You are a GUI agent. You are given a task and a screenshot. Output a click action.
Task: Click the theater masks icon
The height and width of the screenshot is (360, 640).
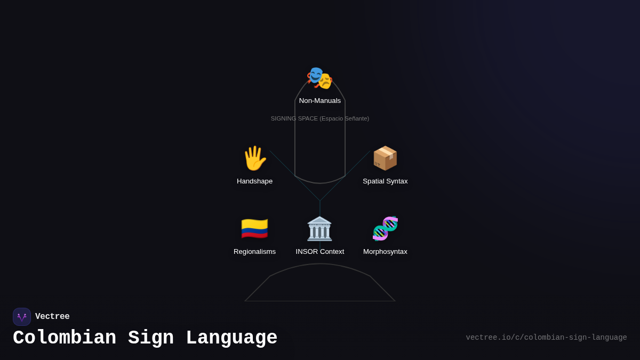click(319, 78)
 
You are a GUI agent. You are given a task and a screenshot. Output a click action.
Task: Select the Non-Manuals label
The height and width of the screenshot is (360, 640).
click(320, 101)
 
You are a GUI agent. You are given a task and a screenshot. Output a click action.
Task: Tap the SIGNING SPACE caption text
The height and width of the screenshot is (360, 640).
click(319, 118)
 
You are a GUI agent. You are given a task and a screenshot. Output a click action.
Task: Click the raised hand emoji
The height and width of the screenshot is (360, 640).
click(254, 158)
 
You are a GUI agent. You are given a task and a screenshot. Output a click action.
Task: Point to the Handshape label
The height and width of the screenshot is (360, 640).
click(254, 181)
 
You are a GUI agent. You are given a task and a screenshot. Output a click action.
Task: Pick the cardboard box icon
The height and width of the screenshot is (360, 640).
click(385, 158)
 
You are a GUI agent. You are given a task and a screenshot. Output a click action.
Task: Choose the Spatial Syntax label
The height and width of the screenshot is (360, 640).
click(385, 181)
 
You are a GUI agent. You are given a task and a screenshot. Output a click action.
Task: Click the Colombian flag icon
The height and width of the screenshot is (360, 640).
click(254, 229)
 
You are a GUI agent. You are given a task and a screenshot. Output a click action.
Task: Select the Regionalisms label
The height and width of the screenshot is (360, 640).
click(254, 252)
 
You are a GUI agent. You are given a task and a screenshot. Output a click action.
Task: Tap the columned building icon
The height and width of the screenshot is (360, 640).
click(319, 229)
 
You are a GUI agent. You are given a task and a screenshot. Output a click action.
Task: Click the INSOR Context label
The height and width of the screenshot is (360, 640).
click(320, 252)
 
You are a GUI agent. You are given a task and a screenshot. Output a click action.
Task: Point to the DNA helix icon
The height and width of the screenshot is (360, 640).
click(385, 229)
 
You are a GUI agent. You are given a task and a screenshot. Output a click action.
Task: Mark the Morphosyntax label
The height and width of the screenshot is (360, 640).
click(385, 252)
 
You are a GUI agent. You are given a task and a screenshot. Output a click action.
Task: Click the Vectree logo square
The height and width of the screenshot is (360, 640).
click(22, 317)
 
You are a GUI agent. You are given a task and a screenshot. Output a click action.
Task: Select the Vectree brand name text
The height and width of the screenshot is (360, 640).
click(52, 317)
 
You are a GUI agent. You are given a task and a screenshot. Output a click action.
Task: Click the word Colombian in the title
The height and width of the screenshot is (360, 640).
click(65, 338)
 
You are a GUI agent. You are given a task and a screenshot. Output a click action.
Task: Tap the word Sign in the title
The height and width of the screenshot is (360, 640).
click(151, 338)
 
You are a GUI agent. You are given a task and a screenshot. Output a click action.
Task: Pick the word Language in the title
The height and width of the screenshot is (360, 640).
click(231, 338)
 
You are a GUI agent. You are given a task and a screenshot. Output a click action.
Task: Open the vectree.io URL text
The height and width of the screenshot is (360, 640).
click(546, 338)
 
